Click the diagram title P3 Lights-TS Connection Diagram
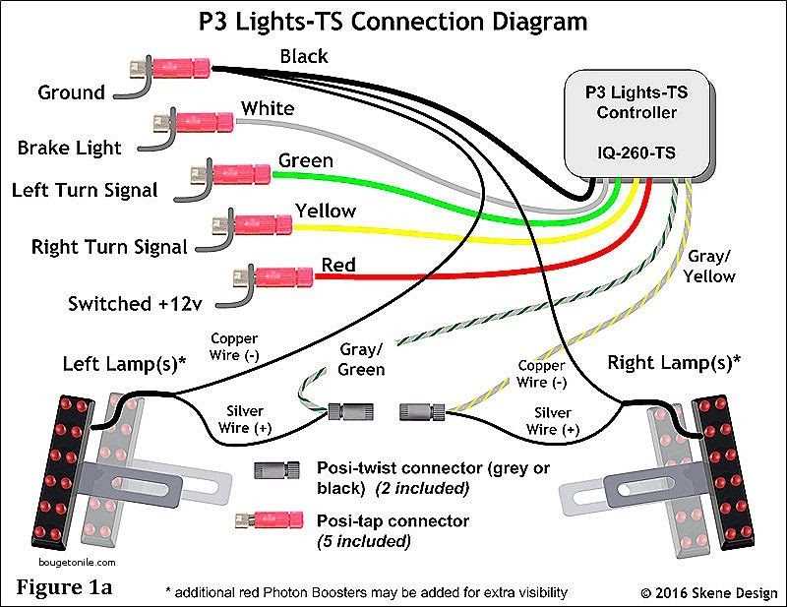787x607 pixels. [x=394, y=21]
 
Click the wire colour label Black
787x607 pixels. [x=304, y=57]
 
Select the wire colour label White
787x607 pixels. [x=267, y=107]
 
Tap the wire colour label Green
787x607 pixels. [x=305, y=160]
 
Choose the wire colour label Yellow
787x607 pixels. [x=326, y=211]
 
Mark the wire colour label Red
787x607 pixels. [x=338, y=265]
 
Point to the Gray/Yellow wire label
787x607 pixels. [x=710, y=266]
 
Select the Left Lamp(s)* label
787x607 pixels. [x=125, y=363]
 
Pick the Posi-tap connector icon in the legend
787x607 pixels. [x=274, y=520]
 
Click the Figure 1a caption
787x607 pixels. [x=65, y=587]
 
